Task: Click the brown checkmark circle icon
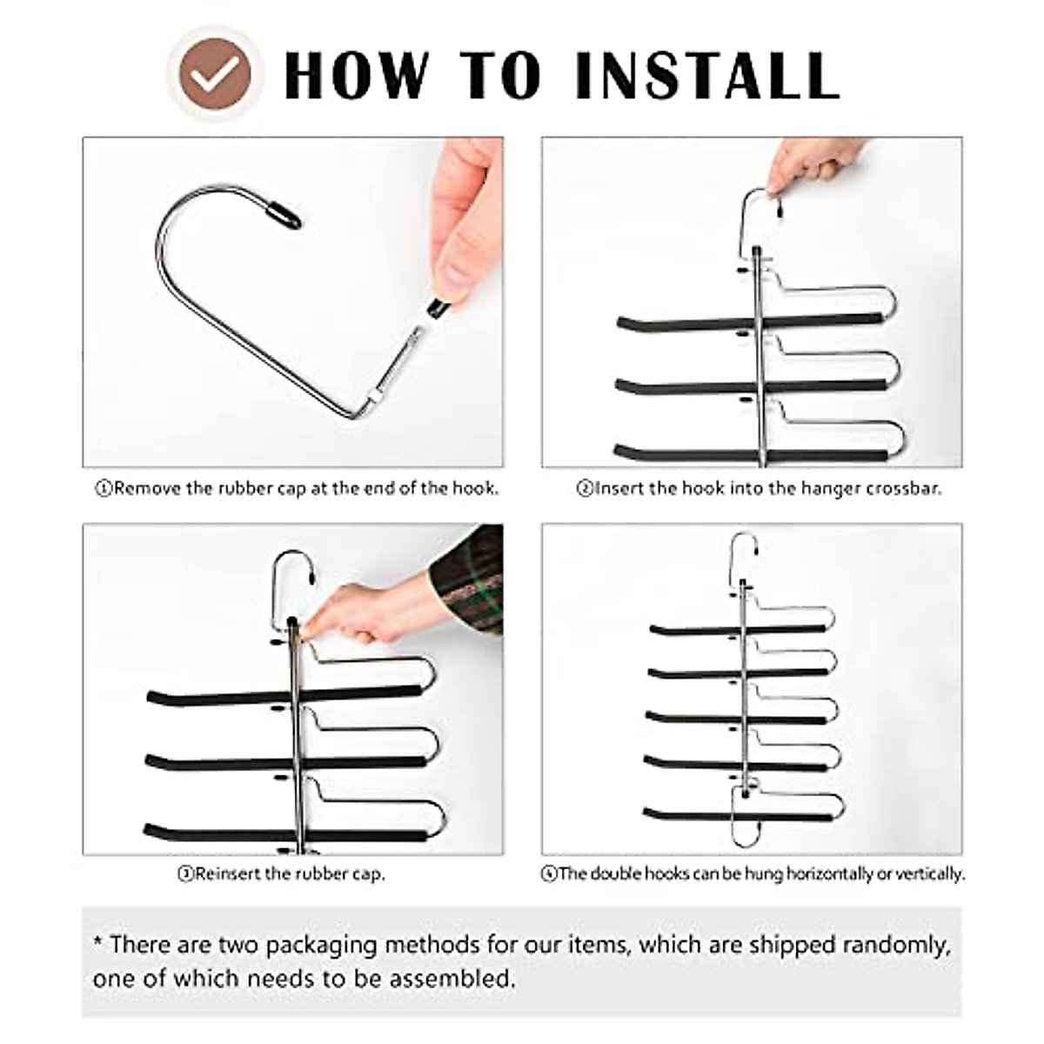coord(215,74)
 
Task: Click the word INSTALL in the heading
coord(707,76)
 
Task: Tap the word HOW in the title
coord(357,76)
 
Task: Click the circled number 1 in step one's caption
coord(103,489)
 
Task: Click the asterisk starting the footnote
coord(97,941)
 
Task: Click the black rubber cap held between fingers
coord(438,308)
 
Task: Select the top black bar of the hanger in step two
coord(750,323)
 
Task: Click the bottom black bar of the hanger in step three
coord(285,833)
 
